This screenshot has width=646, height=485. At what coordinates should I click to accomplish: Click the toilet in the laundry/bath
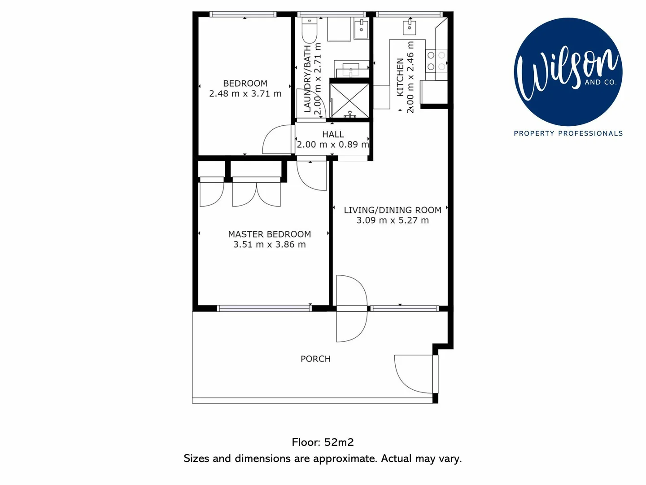point(310,31)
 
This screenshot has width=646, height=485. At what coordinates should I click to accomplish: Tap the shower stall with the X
point(349,100)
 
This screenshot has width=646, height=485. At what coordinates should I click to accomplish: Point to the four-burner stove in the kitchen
point(436,61)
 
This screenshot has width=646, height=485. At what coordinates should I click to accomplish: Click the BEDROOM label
point(245,84)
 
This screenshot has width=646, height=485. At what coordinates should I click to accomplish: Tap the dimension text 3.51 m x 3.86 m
point(269,245)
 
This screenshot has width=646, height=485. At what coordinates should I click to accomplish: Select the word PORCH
point(315,359)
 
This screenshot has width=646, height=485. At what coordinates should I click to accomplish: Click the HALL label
point(333,134)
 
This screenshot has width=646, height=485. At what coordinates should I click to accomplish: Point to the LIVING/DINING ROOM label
point(393,210)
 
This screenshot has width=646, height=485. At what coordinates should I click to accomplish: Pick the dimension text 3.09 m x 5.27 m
point(393,220)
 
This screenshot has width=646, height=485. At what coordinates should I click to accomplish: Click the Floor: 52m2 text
point(323,442)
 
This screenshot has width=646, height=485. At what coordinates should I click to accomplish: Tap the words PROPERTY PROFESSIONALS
point(568,133)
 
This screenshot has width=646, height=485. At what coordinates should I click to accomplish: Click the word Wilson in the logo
point(565,72)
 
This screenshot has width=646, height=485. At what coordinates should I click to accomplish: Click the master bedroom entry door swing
point(312,176)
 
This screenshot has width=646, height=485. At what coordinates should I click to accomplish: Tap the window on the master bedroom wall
point(264,308)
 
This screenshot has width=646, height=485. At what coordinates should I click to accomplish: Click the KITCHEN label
point(400,77)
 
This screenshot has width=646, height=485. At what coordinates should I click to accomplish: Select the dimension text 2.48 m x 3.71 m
point(245,94)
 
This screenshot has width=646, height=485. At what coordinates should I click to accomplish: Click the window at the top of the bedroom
point(243,14)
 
